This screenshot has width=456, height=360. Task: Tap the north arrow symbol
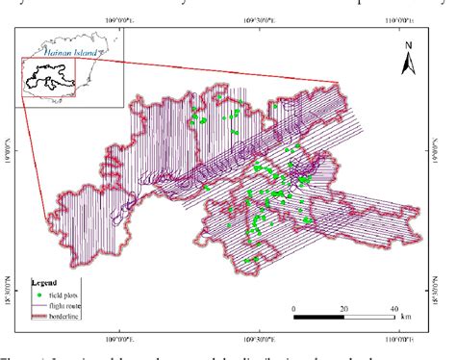click(x=407, y=64)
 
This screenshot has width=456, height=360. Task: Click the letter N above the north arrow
click(x=407, y=45)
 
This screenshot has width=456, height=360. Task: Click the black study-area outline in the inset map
click(x=48, y=77)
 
